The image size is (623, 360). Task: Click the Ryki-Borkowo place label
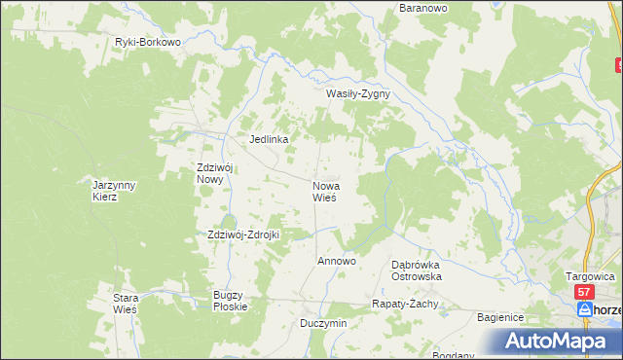148,43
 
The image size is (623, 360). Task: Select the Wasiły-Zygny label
357,94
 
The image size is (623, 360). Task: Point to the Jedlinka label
270,139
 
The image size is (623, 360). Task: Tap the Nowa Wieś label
324,191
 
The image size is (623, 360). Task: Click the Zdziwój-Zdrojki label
243,234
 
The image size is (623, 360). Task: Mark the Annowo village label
337,262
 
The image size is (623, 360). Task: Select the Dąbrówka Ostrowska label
417,270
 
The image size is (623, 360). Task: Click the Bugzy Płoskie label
231,300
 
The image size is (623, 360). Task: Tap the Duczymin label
323,323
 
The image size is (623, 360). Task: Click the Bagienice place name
501,318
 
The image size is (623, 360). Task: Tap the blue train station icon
584,309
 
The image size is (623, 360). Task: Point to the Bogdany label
455,354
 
